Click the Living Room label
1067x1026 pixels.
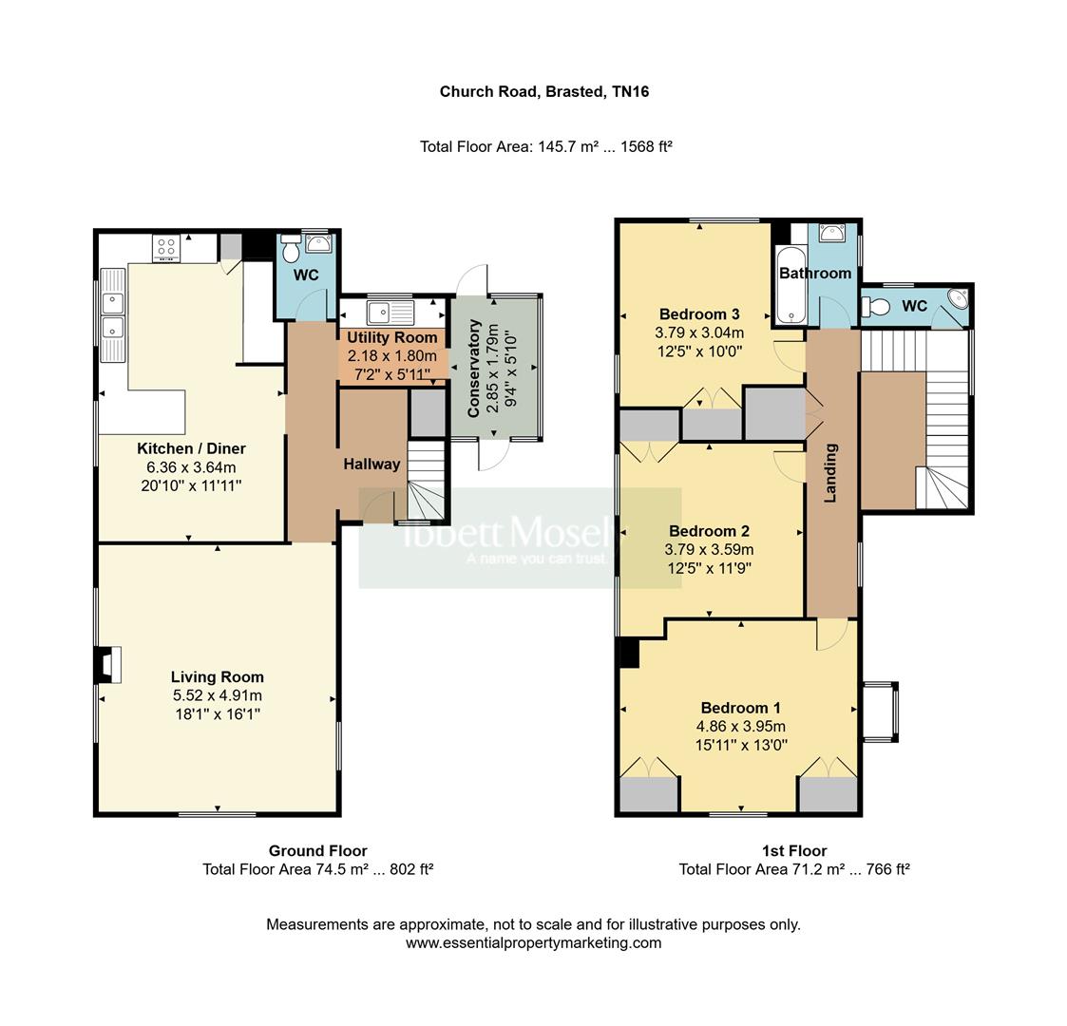[x=217, y=677]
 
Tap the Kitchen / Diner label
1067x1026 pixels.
[x=191, y=448]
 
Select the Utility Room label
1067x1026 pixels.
[x=392, y=337]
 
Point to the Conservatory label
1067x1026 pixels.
[x=474, y=368]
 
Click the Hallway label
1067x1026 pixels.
[x=372, y=464]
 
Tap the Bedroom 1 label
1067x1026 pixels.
[x=741, y=708]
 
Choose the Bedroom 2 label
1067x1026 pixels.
[x=709, y=531]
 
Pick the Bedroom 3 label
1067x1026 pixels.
[x=699, y=314]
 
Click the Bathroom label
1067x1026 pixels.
[x=815, y=274]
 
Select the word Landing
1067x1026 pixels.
[x=830, y=473]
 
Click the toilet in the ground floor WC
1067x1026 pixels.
[x=291, y=249]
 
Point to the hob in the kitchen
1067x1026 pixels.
[x=166, y=248]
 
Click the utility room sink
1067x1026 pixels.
[x=390, y=313]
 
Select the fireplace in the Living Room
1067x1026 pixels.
[x=107, y=664]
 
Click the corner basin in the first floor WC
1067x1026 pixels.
[x=958, y=298]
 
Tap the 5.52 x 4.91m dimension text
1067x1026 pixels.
[x=217, y=695]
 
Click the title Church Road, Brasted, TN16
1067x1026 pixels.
[x=544, y=91]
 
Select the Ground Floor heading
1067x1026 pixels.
[x=317, y=850]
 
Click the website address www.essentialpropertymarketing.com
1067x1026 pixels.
[x=534, y=943]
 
